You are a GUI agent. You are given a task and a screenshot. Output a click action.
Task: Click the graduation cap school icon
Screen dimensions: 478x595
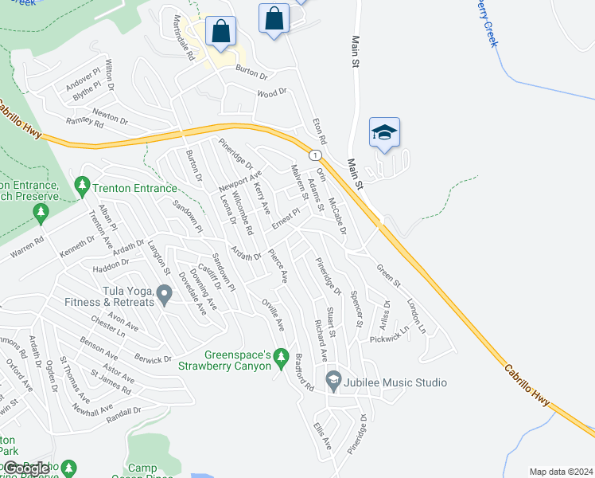point(384,133)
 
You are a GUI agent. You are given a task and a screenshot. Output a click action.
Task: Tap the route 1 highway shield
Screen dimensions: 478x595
point(316,154)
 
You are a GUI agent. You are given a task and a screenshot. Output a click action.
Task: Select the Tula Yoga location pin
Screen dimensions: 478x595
point(165,296)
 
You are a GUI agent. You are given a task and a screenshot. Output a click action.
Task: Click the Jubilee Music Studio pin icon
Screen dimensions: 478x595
point(333,382)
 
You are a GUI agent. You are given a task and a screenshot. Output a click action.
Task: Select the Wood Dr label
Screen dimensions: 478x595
point(270,93)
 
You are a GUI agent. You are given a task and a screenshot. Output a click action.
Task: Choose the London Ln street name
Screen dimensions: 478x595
point(416,315)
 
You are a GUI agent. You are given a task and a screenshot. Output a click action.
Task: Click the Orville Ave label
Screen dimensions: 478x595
point(273,315)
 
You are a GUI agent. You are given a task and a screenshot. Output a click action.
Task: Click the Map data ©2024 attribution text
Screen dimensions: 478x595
point(560,472)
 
